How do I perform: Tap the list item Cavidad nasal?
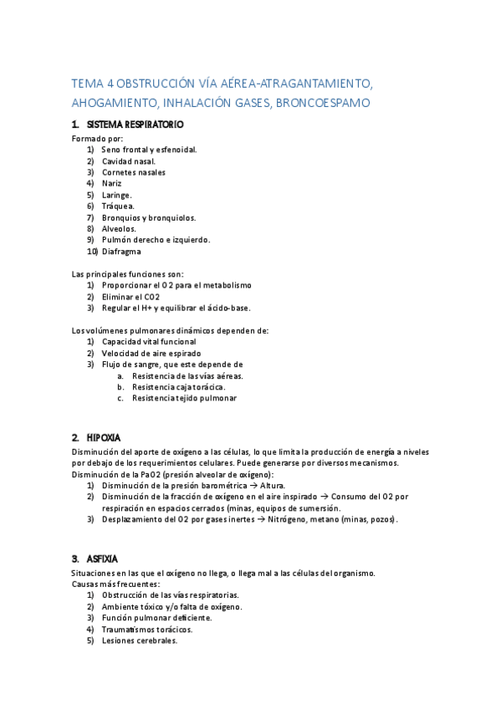point(128,161)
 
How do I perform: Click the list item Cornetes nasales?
point(134,172)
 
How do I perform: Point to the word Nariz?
point(112,183)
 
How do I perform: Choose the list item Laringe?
point(117,195)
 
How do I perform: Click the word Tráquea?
point(118,206)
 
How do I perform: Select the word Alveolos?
point(119,228)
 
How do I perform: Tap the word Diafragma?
point(121,251)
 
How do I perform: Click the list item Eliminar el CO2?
point(130,296)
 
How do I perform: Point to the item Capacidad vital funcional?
point(149,341)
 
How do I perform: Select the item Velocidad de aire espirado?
point(151,353)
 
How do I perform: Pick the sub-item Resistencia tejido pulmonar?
point(184,398)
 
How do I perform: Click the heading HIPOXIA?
point(104,437)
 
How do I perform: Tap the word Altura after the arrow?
point(272,485)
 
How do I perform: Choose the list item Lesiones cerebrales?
point(140,640)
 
